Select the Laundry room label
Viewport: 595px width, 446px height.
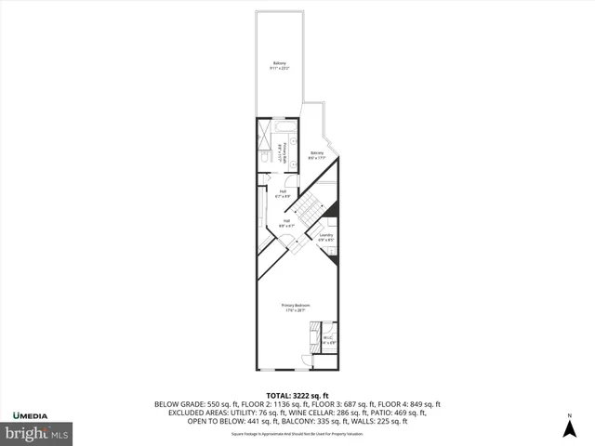325,237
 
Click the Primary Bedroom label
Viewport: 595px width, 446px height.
296,308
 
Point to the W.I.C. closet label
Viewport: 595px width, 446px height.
327,339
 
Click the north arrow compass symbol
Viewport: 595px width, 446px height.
569,426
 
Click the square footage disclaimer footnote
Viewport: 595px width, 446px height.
297,433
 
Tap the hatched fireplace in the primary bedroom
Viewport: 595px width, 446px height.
315,332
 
